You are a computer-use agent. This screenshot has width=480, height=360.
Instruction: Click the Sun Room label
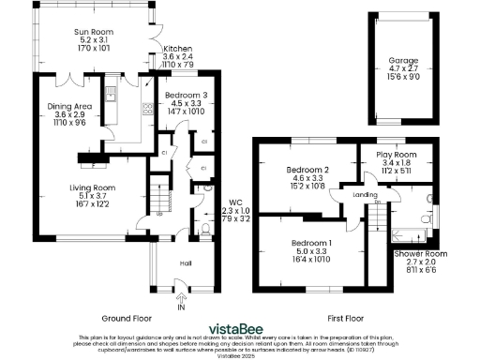[x=94, y=31]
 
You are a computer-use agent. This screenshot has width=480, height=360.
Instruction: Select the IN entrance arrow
[x=181, y=301]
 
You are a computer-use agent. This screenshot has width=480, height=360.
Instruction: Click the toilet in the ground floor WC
[x=209, y=228]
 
